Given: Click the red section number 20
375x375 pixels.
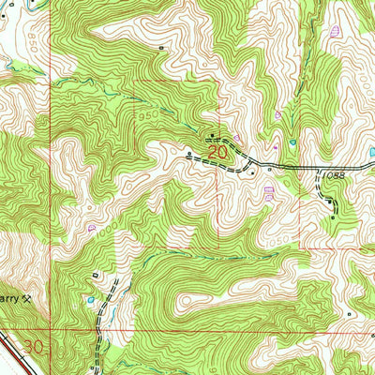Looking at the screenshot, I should (x=217, y=150).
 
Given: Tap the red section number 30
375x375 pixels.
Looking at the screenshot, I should (x=34, y=346).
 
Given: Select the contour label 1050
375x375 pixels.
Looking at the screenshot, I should (x=273, y=239).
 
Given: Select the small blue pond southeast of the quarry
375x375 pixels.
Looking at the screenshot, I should (x=91, y=300).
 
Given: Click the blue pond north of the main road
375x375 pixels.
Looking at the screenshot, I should (x=293, y=142).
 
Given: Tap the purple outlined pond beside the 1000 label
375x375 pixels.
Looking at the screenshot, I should (x=91, y=227).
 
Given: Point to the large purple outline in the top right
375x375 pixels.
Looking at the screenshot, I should (x=335, y=30).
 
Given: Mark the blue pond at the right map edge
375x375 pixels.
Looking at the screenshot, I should (x=371, y=151).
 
